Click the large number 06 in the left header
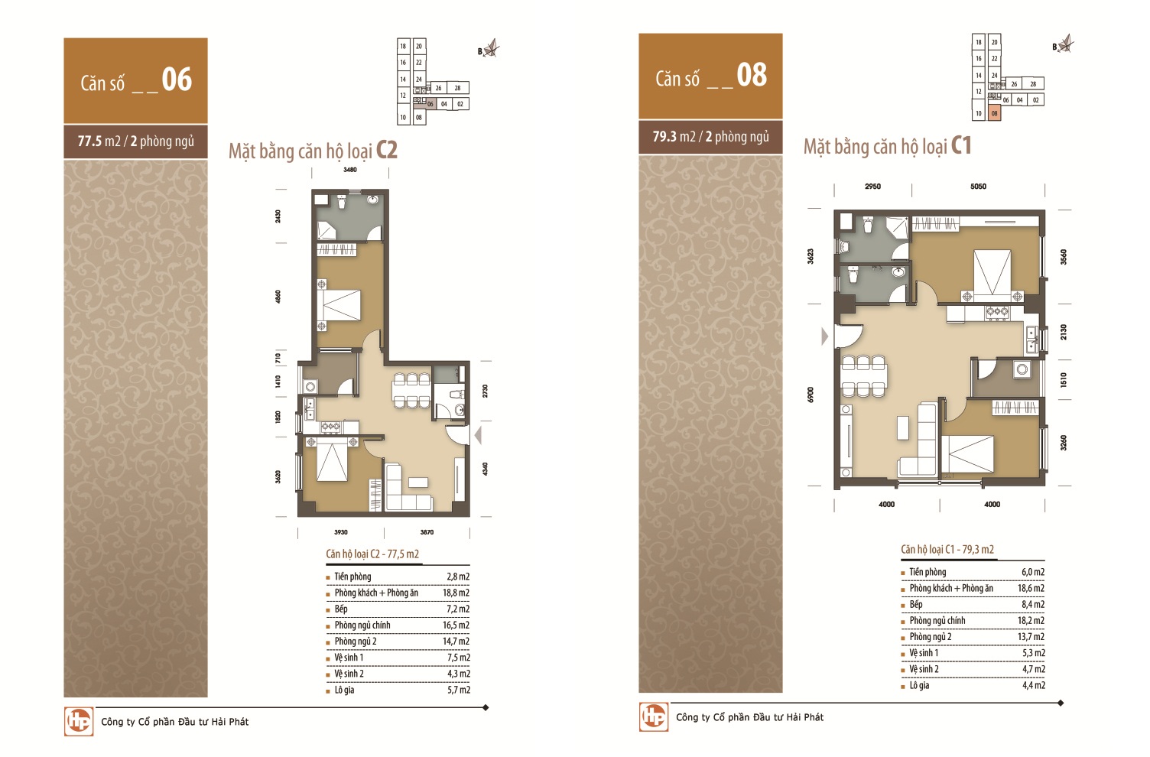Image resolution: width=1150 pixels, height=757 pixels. (177, 80)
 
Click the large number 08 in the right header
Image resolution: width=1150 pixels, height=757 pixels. (752, 75)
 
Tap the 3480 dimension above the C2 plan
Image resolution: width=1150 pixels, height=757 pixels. (349, 170)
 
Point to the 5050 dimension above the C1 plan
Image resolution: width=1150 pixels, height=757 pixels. (978, 187)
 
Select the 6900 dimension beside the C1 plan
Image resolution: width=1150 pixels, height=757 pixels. (811, 395)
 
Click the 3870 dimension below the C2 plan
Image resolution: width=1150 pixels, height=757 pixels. (427, 532)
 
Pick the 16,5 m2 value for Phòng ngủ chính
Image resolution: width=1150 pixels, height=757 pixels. (456, 625)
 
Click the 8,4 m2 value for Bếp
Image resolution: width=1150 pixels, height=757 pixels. (1033, 605)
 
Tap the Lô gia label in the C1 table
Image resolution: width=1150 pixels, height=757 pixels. (919, 685)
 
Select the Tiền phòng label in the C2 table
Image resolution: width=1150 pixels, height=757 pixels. (352, 577)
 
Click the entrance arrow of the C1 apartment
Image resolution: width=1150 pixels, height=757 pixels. (824, 336)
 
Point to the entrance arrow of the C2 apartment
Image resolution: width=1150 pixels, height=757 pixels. (478, 436)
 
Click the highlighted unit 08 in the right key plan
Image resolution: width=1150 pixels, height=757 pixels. (995, 113)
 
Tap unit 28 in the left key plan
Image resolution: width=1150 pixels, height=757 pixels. (457, 88)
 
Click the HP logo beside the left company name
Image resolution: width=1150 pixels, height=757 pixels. (79, 722)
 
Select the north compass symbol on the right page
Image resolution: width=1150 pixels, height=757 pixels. (1065, 44)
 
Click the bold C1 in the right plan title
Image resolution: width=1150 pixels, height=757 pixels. (961, 146)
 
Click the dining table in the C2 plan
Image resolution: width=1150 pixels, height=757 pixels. (411, 391)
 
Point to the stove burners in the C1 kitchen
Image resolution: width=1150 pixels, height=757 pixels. (996, 311)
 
